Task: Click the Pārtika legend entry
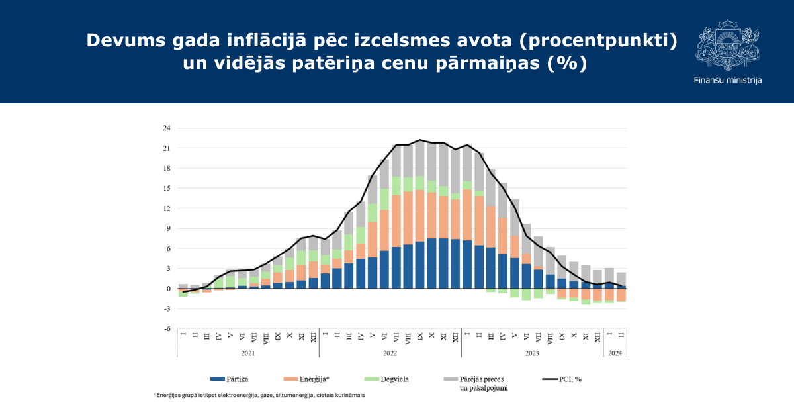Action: tap(230, 379)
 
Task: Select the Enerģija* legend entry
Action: tap(306, 379)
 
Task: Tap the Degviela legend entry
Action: tap(386, 379)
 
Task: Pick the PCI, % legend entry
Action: tap(562, 379)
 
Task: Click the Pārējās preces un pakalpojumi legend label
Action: tap(484, 383)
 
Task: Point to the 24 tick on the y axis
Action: tap(167, 128)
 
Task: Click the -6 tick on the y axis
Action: tap(167, 329)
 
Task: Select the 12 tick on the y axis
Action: tap(167, 208)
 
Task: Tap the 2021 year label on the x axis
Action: tap(247, 353)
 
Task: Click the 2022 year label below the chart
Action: tap(390, 353)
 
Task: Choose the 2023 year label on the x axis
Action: tap(532, 353)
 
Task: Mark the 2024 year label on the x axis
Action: tap(615, 353)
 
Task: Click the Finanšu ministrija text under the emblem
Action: tap(728, 81)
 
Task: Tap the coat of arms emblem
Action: tap(728, 45)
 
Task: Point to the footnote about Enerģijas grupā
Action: tap(259, 395)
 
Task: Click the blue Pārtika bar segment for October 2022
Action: tap(431, 263)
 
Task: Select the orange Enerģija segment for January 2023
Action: tap(467, 215)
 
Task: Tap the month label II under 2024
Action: tap(621, 334)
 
